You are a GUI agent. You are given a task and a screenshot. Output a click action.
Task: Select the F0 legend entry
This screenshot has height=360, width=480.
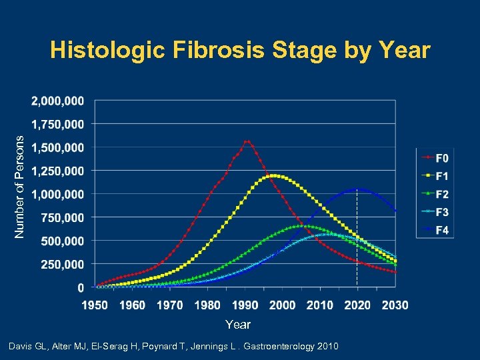coord(441,158)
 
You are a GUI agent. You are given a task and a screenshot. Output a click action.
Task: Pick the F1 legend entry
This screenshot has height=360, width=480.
coord(441,176)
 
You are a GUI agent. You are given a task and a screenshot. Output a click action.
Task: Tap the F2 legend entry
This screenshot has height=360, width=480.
coord(441,194)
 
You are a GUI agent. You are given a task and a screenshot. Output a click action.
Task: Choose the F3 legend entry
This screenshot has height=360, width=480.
coord(441,212)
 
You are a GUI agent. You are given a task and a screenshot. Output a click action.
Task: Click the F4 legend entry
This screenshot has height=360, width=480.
coord(441,230)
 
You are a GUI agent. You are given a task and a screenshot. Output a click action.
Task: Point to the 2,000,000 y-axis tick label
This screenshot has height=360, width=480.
coord(58,101)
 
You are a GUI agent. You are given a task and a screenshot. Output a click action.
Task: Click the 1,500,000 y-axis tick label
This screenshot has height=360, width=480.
coord(58,147)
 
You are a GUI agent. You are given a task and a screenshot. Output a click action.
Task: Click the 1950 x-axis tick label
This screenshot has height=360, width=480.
coord(95,305)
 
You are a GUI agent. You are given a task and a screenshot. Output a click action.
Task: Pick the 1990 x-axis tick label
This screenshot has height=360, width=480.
coord(245,305)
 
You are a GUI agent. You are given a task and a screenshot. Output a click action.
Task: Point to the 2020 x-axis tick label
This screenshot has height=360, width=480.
coord(358,305)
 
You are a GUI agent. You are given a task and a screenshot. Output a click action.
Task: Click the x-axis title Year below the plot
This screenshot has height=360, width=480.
coord(238,324)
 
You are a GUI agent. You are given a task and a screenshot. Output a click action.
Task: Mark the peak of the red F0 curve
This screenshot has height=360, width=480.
coord(247,141)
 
